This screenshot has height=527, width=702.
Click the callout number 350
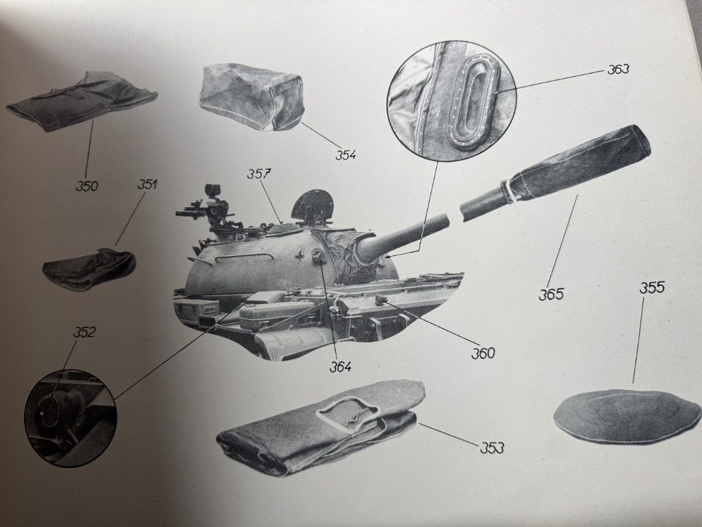[x=87, y=185]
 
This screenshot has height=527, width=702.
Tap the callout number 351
[x=147, y=184]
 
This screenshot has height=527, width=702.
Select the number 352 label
[x=84, y=332]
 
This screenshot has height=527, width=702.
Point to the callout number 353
[x=492, y=447]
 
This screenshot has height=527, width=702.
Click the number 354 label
[x=346, y=154]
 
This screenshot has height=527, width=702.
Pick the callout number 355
[x=652, y=288]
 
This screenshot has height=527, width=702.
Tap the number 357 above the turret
[x=260, y=174]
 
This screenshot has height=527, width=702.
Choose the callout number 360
[x=483, y=353]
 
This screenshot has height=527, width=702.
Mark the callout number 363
[x=618, y=69]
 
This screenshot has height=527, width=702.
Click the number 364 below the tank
[x=340, y=366]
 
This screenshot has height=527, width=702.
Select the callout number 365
[x=550, y=294]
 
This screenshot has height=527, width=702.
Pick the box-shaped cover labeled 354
[x=252, y=97]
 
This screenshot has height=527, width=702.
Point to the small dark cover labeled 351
[x=90, y=269]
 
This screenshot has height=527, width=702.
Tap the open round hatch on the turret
[x=313, y=206]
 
